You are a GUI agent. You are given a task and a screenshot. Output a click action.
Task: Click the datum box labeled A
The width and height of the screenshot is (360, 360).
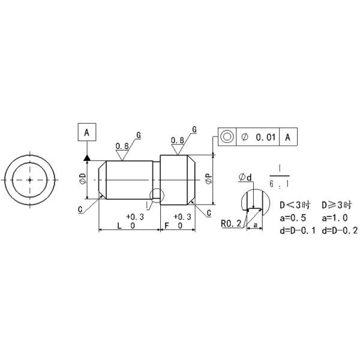click(87, 132)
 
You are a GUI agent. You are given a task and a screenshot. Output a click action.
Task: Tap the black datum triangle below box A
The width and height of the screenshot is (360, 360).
click(87, 157)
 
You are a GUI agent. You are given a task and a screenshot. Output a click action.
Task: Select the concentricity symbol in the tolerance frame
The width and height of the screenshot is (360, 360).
click(227, 137)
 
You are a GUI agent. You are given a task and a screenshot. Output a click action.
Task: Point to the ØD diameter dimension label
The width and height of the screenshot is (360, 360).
click(82, 178)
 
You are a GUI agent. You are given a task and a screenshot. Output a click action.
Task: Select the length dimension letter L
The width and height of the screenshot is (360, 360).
click(120, 226)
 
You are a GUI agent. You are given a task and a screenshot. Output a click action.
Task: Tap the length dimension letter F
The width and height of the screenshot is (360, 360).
click(166, 226)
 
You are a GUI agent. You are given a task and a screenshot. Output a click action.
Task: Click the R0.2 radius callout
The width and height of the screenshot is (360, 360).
click(230, 224)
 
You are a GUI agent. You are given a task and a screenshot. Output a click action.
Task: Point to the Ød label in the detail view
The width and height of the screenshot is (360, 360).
click(245, 177)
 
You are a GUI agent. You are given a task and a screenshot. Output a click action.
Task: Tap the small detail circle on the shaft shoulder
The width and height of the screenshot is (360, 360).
click(155, 195)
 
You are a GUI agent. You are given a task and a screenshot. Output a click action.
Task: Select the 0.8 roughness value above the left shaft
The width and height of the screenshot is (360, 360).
click(122, 146)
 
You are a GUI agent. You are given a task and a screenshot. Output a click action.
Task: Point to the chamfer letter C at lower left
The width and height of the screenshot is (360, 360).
click(80, 209)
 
